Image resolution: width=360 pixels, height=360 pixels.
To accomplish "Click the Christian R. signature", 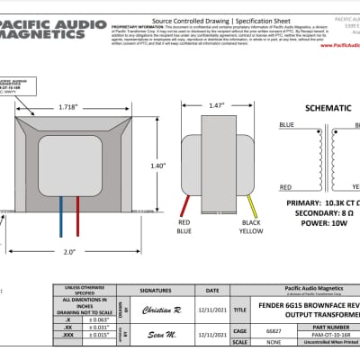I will point(163,309).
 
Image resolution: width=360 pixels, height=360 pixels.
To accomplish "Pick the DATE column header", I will point(212,291).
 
